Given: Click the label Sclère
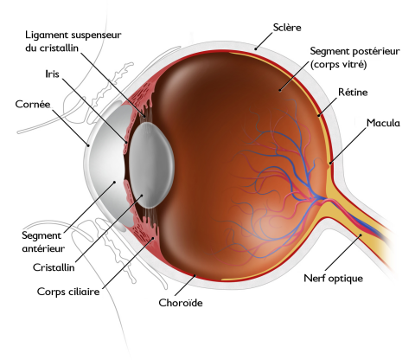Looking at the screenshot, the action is pyautogui.click(x=287, y=28).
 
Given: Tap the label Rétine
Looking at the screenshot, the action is pyautogui.click(x=353, y=93).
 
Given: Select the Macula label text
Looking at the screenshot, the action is pyautogui.click(x=383, y=123).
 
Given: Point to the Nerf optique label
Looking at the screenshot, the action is pyautogui.click(x=333, y=279).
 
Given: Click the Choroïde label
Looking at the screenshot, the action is pyautogui.click(x=181, y=303).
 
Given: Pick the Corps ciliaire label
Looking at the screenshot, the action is pyautogui.click(x=68, y=292).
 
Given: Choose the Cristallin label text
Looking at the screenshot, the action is pyautogui.click(x=54, y=267).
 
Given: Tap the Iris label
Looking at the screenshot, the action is pyautogui.click(x=52, y=74).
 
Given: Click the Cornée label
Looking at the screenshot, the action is pyautogui.click(x=33, y=104).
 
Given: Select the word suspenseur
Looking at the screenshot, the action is pyautogui.click(x=96, y=35).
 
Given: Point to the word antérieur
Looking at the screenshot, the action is pyautogui.click(x=43, y=248).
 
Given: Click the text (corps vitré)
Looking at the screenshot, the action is pyautogui.click(x=338, y=64).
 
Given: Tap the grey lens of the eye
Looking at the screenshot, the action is pyautogui.click(x=151, y=164).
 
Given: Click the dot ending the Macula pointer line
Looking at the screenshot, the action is pyautogui.click(x=330, y=163).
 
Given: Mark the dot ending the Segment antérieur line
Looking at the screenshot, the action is pyautogui.click(x=114, y=182).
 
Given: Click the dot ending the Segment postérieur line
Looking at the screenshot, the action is pyautogui.click(x=280, y=91).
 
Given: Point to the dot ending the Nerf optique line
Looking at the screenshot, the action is pyautogui.click(x=360, y=235).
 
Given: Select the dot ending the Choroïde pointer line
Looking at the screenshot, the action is pyautogui.click(x=195, y=275).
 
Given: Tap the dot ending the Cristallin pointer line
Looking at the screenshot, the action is pyautogui.click(x=142, y=196).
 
